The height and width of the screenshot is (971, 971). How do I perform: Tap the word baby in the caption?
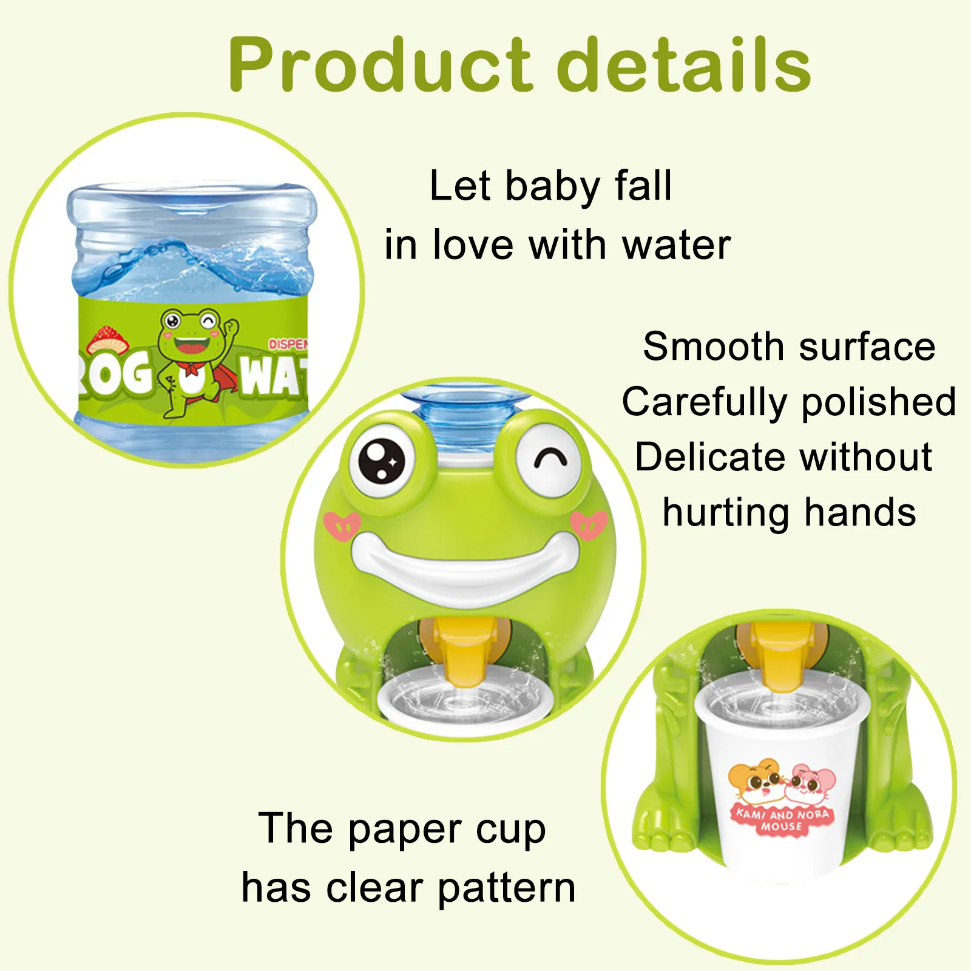point(553,187)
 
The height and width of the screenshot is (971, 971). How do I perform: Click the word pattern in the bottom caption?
point(506,888)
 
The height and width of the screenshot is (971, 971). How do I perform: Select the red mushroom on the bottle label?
point(107,340)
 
